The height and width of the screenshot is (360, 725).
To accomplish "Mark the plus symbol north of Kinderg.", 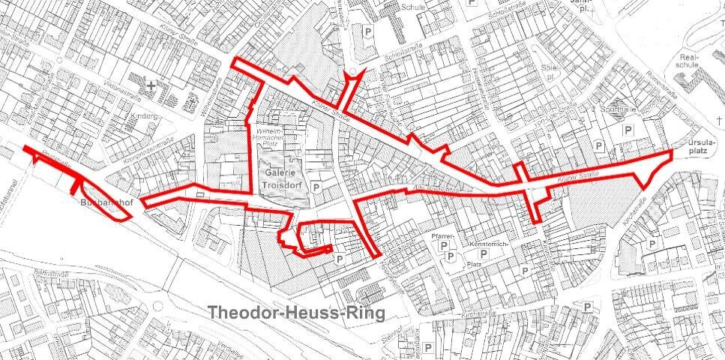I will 151,87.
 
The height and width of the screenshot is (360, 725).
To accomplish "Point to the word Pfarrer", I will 444,237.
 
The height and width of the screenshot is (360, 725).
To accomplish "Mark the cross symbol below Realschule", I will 718,121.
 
